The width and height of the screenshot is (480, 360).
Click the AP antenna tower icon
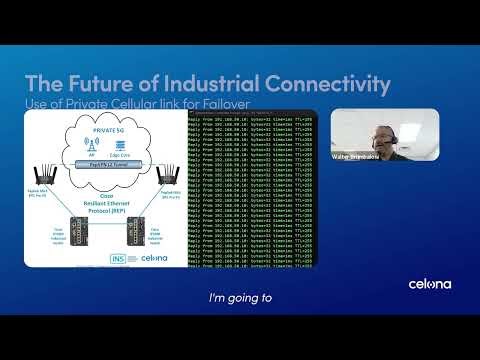coord(92,145)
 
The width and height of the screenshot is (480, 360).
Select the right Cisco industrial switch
coord(135,229)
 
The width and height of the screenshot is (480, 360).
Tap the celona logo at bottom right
coord(429,284)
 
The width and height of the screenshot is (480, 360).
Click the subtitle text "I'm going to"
coord(239,297)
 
